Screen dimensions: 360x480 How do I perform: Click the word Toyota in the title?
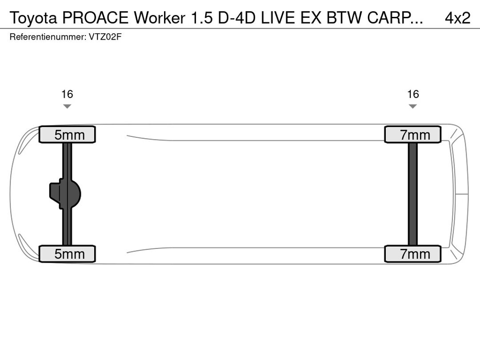point(34,18)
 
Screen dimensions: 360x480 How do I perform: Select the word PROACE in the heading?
point(96,18)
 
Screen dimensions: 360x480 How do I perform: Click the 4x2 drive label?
point(457,18)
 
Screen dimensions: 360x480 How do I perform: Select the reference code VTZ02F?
point(105,37)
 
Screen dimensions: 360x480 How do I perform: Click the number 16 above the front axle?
point(67,94)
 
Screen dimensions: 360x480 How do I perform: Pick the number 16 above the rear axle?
point(413,94)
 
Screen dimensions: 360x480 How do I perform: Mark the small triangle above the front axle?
point(67,106)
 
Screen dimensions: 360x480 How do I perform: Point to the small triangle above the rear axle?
point(413,106)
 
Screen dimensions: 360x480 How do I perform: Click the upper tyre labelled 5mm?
point(67,135)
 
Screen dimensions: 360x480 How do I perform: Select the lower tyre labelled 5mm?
point(67,254)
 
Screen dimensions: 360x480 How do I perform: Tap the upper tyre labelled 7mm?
point(413,135)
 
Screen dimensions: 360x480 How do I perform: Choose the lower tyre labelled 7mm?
point(413,254)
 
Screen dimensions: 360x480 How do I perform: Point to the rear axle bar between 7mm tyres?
point(413,194)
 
